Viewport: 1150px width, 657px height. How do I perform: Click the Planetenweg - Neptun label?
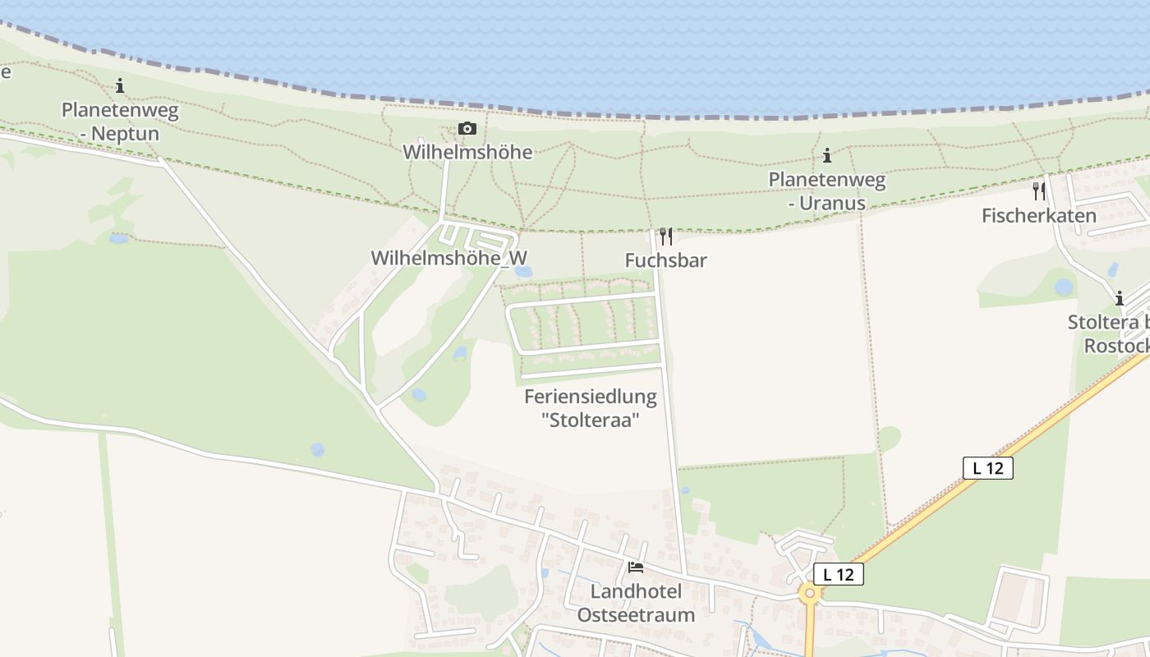tap(120, 121)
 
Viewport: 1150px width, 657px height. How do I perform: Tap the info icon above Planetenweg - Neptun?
tap(120, 85)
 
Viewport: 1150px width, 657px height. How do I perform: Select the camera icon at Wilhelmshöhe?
tap(467, 128)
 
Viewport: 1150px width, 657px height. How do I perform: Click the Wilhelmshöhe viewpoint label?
tap(467, 152)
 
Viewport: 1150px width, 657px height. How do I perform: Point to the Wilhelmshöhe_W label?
tap(448, 257)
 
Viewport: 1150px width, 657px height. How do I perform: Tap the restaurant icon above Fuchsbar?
tap(665, 237)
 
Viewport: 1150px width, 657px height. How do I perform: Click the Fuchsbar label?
tap(665, 260)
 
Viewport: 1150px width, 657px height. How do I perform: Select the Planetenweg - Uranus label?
tap(826, 191)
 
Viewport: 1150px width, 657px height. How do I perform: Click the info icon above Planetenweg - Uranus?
tap(826, 155)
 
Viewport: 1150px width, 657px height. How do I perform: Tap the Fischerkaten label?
tap(1038, 216)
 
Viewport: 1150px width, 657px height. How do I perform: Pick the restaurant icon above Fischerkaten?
tap(1038, 191)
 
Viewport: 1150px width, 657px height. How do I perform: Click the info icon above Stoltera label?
tap(1118, 298)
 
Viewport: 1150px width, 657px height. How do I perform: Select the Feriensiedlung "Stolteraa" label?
tap(590, 408)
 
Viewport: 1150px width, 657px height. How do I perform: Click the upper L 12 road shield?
tap(987, 468)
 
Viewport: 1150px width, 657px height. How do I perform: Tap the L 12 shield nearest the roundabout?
tap(838, 574)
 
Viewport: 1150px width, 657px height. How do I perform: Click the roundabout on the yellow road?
tap(811, 593)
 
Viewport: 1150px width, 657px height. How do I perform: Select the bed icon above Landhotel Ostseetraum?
tap(635, 567)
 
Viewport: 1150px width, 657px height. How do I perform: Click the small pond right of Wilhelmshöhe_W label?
tap(523, 271)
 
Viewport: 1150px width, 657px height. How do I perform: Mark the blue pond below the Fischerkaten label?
tap(1064, 287)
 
